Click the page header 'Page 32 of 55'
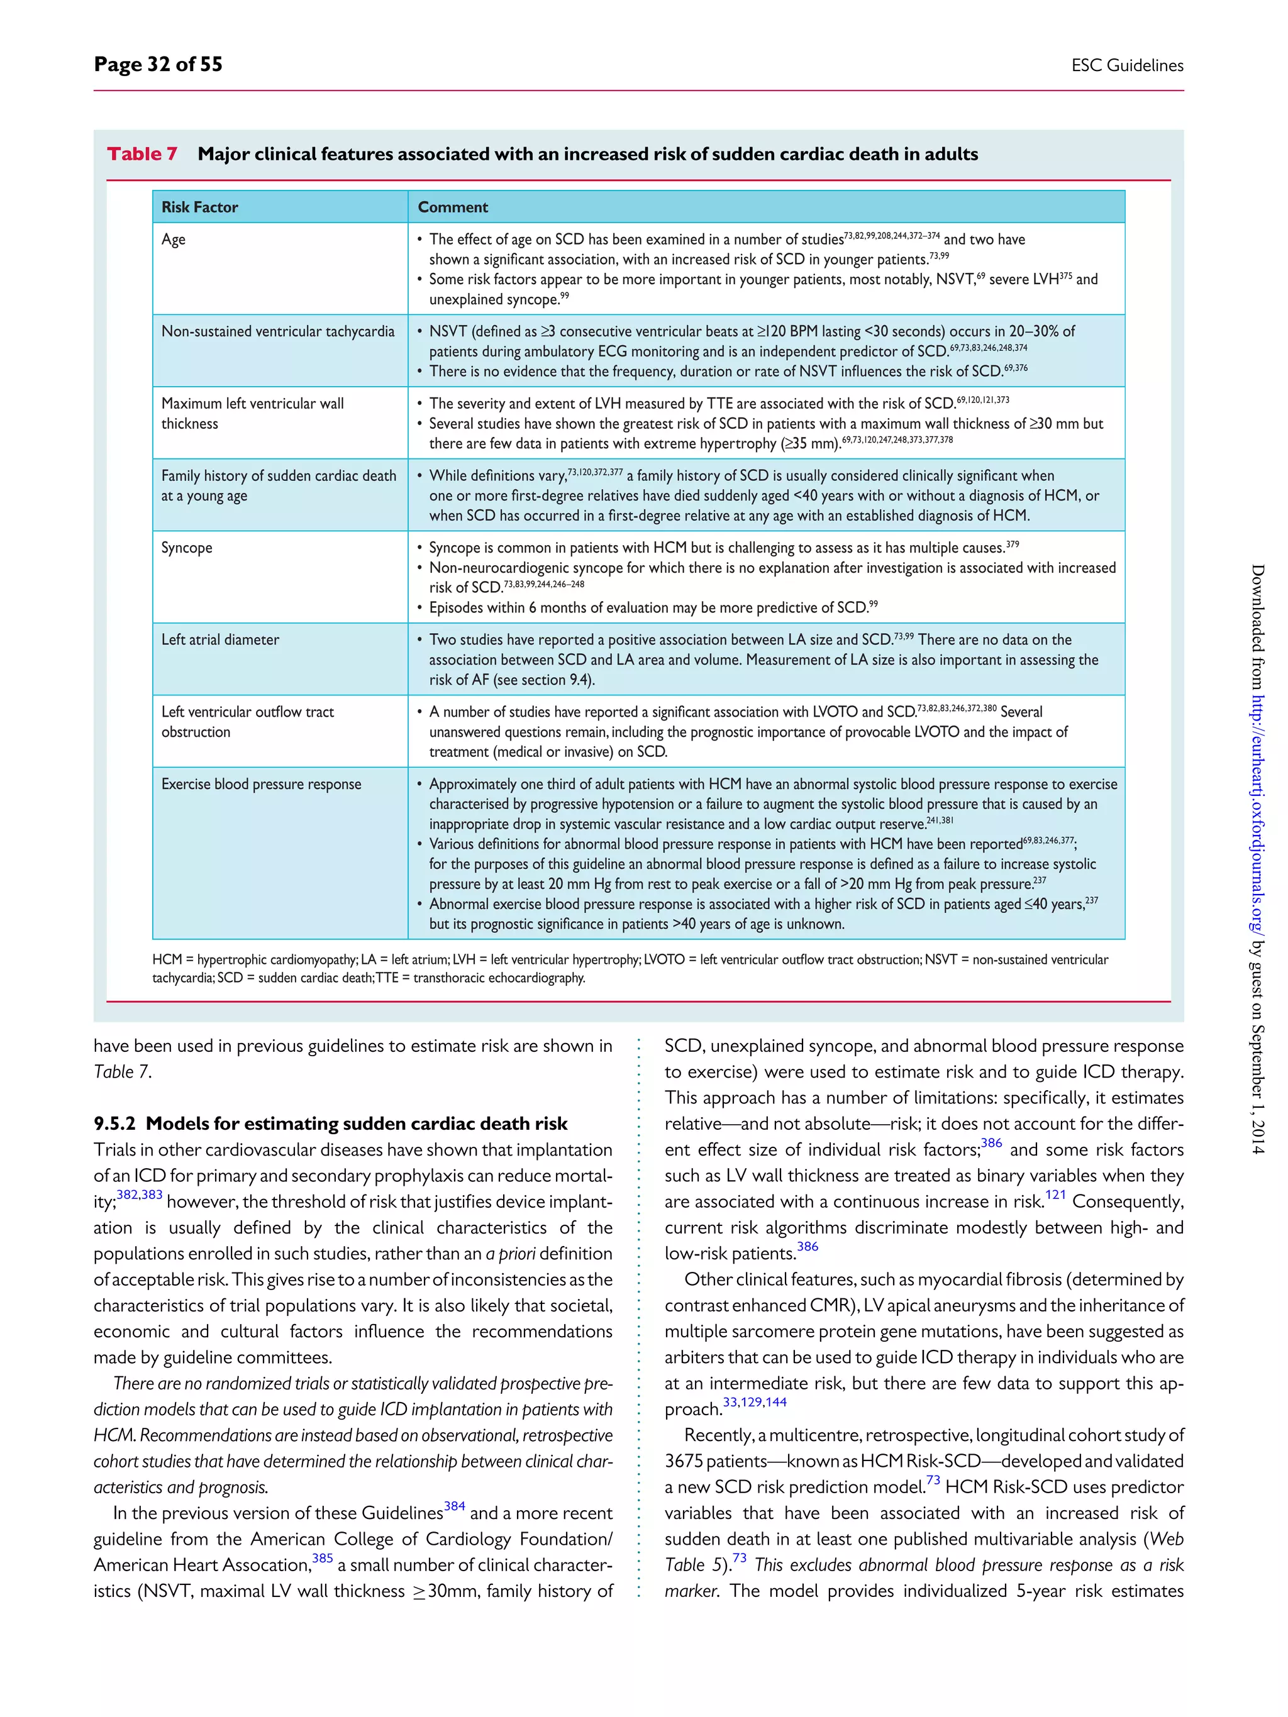click(x=158, y=64)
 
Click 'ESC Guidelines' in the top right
click(x=1126, y=66)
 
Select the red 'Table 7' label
click(x=142, y=153)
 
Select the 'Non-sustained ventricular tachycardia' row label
click(x=278, y=331)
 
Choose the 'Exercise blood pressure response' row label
click(x=261, y=784)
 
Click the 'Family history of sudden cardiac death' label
click(x=279, y=476)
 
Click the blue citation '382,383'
click(x=140, y=1195)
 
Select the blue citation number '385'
click(x=322, y=1558)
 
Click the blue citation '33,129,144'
click(x=755, y=1402)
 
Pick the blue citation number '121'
click(x=1055, y=1195)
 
